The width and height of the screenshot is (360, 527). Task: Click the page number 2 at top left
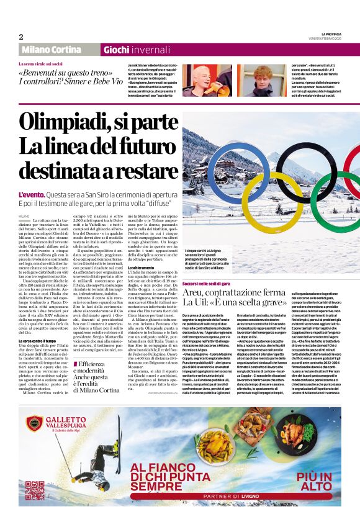click(20, 37)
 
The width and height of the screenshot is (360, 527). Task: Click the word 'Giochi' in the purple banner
click(115, 50)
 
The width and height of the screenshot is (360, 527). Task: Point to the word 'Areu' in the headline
click(192, 293)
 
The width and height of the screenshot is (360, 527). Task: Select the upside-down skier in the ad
click(102, 456)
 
